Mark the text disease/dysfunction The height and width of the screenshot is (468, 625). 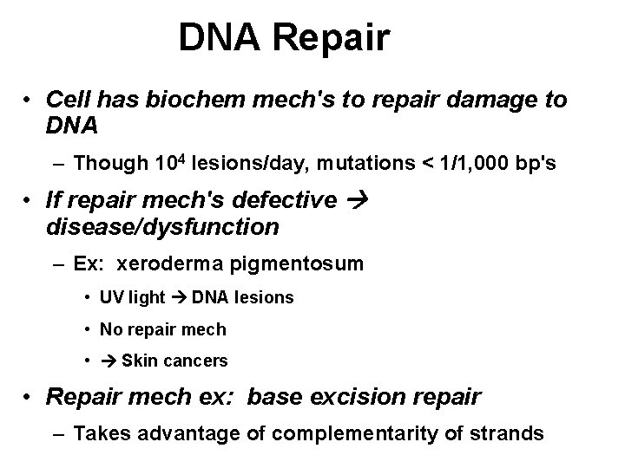tap(162, 227)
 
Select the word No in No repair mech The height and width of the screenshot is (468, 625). tap(111, 329)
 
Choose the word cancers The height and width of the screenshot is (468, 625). tap(198, 361)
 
